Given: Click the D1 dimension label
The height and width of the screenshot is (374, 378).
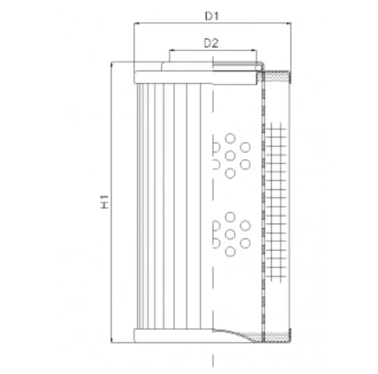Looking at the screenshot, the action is tap(211, 16).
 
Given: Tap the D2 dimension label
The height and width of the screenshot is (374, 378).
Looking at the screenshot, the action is tap(211, 43).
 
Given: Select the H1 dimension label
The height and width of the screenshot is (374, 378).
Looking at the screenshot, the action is tap(104, 201).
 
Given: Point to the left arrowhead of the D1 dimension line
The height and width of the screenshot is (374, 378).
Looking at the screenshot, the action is tap(137, 24).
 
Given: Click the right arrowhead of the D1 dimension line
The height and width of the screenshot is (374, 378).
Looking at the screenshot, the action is tap(289, 24).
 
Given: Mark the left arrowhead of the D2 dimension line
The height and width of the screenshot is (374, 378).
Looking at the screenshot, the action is tap(172, 50).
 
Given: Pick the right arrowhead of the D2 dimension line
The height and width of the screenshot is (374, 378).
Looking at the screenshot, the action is tap(254, 50).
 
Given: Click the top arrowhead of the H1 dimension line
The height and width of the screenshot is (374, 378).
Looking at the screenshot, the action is tap(112, 64).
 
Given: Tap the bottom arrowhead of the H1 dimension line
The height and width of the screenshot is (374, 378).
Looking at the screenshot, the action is tap(112, 340).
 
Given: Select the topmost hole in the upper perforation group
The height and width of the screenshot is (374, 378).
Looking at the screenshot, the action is tap(230, 138).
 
